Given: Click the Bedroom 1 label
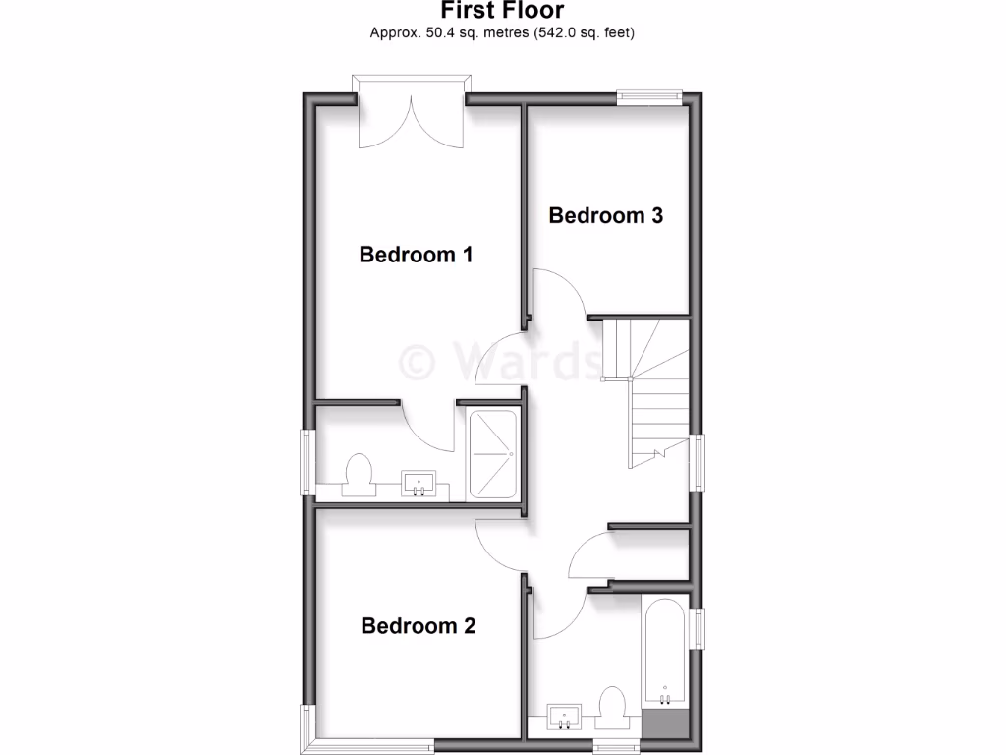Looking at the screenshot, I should click(x=416, y=255).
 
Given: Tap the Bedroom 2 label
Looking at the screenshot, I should click(x=419, y=626).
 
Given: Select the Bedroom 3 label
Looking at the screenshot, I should click(x=605, y=215).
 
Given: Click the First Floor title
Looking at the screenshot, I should click(x=502, y=12).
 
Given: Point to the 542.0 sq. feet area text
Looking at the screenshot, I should click(x=585, y=33).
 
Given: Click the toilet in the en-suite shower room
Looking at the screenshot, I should click(x=358, y=474).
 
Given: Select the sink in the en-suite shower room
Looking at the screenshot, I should click(x=419, y=484).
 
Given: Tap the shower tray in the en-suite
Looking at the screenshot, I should click(x=493, y=453).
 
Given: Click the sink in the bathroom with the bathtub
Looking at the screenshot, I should click(x=565, y=717).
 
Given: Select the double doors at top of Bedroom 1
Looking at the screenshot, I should click(x=411, y=116).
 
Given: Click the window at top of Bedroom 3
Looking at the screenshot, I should click(x=648, y=96).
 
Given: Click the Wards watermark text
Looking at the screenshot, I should click(x=501, y=361).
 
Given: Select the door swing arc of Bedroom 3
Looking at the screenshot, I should click(x=561, y=289).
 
